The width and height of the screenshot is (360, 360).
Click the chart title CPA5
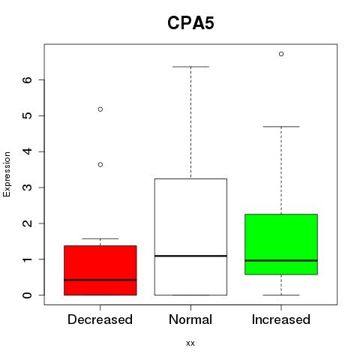pyautogui.click(x=190, y=23)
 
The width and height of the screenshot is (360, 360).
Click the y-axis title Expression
pyautogui.click(x=7, y=174)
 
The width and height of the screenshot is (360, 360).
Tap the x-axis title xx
pyautogui.click(x=190, y=343)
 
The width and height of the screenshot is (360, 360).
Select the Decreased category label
pyautogui.click(x=100, y=319)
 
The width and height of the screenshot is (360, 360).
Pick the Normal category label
pyautogui.click(x=190, y=319)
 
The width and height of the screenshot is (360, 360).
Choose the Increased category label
pyautogui.click(x=281, y=319)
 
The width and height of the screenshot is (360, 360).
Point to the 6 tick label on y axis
pyautogui.click(x=28, y=79)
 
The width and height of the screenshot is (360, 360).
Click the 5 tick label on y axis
pyautogui.click(x=28, y=115)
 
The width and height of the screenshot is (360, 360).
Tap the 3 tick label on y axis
pyautogui.click(x=28, y=187)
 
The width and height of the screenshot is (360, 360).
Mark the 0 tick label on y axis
pyautogui.click(x=28, y=295)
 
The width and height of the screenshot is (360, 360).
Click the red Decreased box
pyautogui.click(x=100, y=270)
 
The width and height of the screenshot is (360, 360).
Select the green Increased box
pyautogui.click(x=281, y=244)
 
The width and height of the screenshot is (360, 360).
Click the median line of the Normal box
pyautogui.click(x=190, y=256)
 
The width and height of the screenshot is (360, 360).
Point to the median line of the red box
pyautogui.click(x=100, y=280)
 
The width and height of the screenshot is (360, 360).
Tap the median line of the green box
pyautogui.click(x=281, y=260)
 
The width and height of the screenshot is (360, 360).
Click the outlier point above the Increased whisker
pyautogui.click(x=281, y=54)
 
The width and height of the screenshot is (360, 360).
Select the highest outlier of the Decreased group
pyautogui.click(x=100, y=109)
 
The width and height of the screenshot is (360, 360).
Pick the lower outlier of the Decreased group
pyautogui.click(x=100, y=164)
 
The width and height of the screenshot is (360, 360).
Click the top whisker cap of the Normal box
pyautogui.click(x=190, y=67)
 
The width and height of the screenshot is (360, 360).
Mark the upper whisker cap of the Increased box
pyautogui.click(x=281, y=127)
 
